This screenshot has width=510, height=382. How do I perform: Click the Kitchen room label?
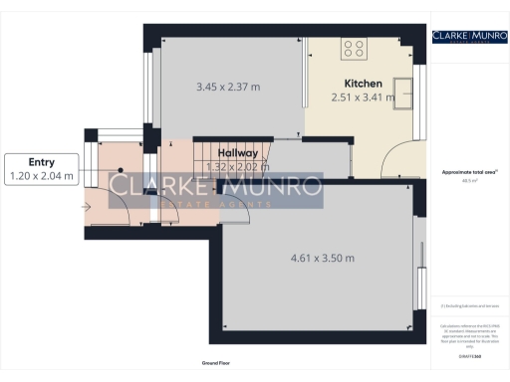click(x=362, y=83)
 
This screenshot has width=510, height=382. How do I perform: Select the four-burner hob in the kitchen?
click(x=354, y=48)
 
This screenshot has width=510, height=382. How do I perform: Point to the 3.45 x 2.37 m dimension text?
click(x=228, y=87)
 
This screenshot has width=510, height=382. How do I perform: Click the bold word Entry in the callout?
click(x=41, y=162)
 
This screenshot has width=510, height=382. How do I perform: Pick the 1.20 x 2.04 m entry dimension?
click(x=41, y=176)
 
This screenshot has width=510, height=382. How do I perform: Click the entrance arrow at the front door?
click(x=87, y=207)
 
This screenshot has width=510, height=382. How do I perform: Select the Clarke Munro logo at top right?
click(x=468, y=36)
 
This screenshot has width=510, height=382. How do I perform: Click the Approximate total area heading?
click(x=468, y=173)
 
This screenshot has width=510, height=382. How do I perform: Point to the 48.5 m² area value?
click(x=468, y=181)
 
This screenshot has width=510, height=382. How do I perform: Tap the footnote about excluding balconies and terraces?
click(x=468, y=304)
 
